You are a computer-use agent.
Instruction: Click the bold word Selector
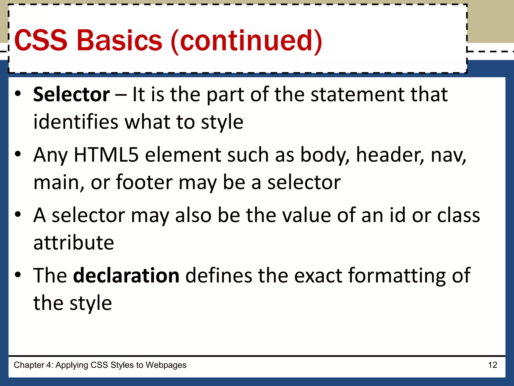point(72,94)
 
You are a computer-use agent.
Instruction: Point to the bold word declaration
point(126,275)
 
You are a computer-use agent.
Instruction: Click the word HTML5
point(106,155)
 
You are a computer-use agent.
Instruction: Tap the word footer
point(144,182)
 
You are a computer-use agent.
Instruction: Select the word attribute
point(74,243)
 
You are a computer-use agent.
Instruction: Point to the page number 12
point(493,365)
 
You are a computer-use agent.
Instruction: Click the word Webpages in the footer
point(166,365)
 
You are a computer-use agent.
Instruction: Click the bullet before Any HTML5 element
point(18,154)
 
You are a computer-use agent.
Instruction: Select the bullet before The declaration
point(18,274)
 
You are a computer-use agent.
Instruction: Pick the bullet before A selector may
point(18,214)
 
